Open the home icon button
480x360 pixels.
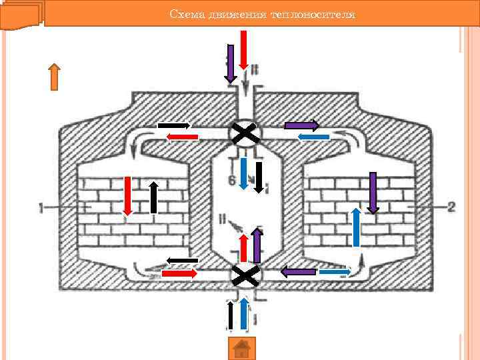click(x=242, y=348)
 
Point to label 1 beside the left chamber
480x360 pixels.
click(x=41, y=208)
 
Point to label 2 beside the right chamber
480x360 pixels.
click(x=451, y=207)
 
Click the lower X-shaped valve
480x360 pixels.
click(x=245, y=274)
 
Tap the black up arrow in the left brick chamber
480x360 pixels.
click(x=153, y=197)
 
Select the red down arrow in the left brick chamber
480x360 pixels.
click(x=127, y=195)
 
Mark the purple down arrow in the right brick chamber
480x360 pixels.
click(x=373, y=193)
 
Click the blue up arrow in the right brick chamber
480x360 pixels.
click(x=356, y=227)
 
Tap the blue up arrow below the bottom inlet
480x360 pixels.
click(x=244, y=315)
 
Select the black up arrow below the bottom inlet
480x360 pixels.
click(x=231, y=316)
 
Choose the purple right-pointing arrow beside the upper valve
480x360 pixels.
click(x=301, y=125)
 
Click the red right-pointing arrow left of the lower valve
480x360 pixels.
click(x=179, y=273)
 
